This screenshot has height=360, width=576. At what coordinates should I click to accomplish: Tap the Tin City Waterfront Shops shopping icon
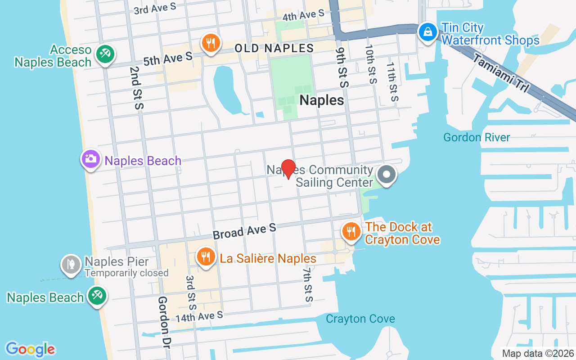click(x=426, y=31)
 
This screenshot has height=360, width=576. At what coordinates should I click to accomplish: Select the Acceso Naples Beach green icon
click(x=105, y=54)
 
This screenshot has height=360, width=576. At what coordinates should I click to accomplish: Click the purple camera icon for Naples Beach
click(x=91, y=159)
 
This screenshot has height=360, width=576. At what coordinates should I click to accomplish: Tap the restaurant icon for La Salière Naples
click(x=206, y=256)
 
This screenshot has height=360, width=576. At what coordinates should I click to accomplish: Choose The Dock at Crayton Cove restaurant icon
click(x=351, y=231)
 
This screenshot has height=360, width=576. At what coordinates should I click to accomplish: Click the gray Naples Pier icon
click(x=71, y=264)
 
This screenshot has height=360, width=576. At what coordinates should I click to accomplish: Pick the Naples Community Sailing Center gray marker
click(x=386, y=175)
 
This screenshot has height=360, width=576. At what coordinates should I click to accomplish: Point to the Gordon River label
click(x=477, y=137)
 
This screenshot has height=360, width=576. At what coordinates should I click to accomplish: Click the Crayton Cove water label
click(x=360, y=319)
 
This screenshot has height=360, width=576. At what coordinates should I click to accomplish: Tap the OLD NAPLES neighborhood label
click(x=274, y=48)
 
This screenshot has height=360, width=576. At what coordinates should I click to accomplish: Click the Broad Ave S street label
click(x=244, y=231)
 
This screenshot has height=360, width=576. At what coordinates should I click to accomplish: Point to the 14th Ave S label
click(x=199, y=316)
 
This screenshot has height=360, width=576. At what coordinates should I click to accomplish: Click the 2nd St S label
click(x=136, y=88)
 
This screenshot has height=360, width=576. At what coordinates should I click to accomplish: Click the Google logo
click(x=31, y=349)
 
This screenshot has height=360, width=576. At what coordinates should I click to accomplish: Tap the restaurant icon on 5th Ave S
click(x=210, y=43)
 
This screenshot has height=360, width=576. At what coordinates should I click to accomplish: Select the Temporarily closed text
click(x=126, y=273)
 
